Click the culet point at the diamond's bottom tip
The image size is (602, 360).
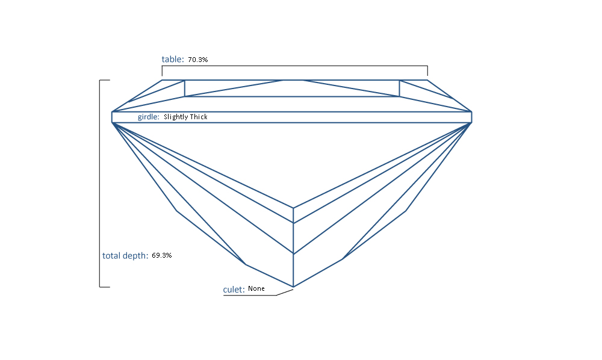tap(293, 287)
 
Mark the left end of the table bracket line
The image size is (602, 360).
tap(162, 76)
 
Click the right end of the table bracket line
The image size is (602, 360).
tap(427, 76)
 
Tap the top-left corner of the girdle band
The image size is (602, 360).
tap(112, 112)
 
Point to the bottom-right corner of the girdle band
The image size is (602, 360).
tap(471, 123)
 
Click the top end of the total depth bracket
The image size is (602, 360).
tap(110, 80)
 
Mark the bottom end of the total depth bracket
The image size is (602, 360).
tap(110, 287)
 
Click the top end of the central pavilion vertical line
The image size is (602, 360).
tap(293, 208)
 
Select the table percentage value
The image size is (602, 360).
tap(197, 60)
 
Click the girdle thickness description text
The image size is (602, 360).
tap(185, 117)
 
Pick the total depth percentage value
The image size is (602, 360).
tap(161, 255)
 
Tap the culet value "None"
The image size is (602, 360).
tap(256, 288)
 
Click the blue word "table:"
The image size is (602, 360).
tap(173, 59)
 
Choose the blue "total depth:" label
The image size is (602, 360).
tap(125, 256)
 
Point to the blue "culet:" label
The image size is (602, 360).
tap(234, 290)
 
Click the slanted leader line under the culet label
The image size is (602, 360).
tap(285, 293)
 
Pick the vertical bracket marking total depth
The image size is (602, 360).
tap(100, 184)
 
